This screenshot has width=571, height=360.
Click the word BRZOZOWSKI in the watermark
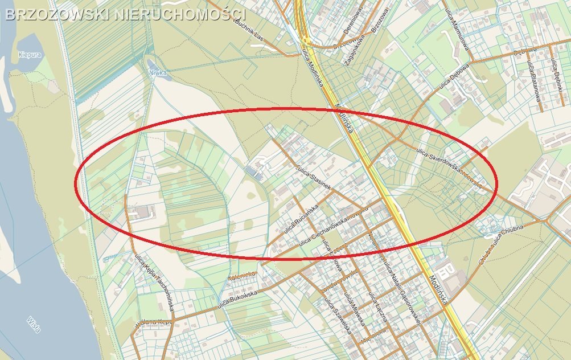tap(57, 14)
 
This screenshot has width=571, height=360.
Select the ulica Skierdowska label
tap(438, 159)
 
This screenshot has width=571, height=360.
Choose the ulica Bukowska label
tap(237, 297)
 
